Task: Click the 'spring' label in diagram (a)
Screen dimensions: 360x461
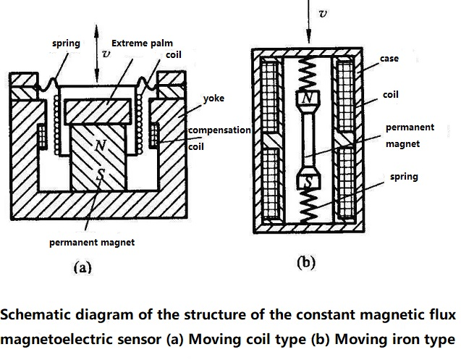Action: (x=66, y=43)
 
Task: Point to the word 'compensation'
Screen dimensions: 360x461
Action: (x=219, y=130)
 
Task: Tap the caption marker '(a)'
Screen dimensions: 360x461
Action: (x=83, y=267)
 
